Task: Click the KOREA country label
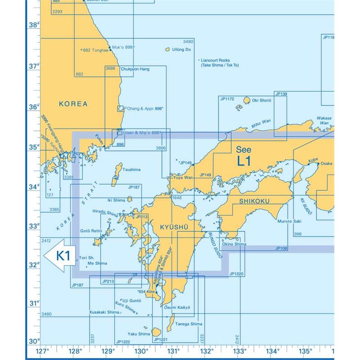coord(73,104)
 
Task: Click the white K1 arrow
coord(58,256)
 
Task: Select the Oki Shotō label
coord(261,100)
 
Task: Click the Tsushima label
coord(131,169)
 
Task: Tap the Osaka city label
coord(326,164)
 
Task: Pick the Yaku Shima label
coord(138,334)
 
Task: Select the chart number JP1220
coord(236,274)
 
